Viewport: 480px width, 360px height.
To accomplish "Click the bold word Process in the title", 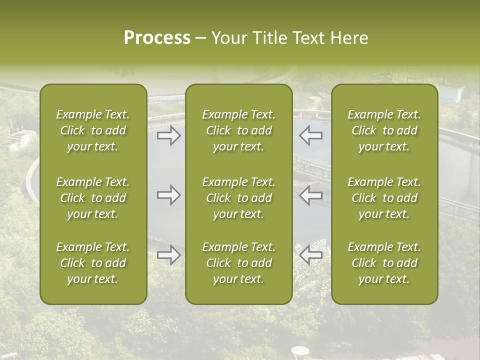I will pyautogui.click(x=157, y=38).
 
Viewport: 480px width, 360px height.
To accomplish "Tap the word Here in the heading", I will pyautogui.click(x=349, y=38).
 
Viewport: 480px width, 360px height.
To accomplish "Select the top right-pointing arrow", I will pyautogui.click(x=168, y=136).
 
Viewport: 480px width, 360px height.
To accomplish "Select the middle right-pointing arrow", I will pyautogui.click(x=168, y=195).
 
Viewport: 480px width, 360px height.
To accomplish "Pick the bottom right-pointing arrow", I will pyautogui.click(x=168, y=255).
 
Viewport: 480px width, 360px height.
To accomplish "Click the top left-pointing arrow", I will pyautogui.click(x=311, y=136).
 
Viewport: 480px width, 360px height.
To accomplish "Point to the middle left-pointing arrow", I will pyautogui.click(x=311, y=195).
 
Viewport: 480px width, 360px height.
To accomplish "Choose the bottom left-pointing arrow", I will pyautogui.click(x=311, y=255).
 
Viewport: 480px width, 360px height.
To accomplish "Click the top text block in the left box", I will pyautogui.click(x=93, y=130).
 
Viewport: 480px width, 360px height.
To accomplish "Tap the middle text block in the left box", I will pyautogui.click(x=93, y=198).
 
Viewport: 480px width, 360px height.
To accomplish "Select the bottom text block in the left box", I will pyautogui.click(x=93, y=263).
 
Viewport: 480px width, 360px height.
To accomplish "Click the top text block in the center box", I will pyautogui.click(x=238, y=130).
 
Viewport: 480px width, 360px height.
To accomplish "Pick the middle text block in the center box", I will pyautogui.click(x=238, y=198).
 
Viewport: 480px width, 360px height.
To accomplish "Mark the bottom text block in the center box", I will pyautogui.click(x=238, y=263).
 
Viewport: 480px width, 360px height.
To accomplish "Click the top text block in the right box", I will pyautogui.click(x=384, y=130).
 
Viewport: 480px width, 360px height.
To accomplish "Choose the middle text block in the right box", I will pyautogui.click(x=384, y=198).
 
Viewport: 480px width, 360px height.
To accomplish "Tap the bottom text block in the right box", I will pyautogui.click(x=384, y=263).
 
